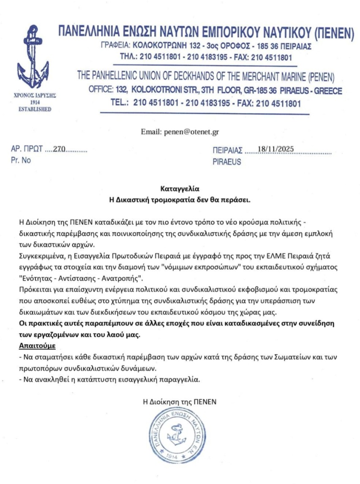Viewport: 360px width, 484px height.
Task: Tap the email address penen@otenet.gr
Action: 180,132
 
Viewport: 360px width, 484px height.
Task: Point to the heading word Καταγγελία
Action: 180,189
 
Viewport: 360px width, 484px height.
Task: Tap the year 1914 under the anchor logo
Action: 34,102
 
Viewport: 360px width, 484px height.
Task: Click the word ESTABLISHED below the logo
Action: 34,109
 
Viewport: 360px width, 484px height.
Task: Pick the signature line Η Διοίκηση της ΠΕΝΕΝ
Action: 180,402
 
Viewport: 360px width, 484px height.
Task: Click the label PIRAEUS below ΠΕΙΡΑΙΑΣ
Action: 227,162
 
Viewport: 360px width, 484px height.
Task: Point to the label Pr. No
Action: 21,160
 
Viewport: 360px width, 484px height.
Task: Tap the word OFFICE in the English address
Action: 101,90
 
